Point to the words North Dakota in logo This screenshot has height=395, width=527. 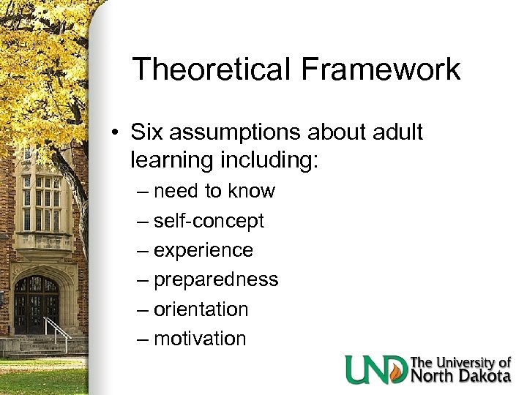coord(461,377)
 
